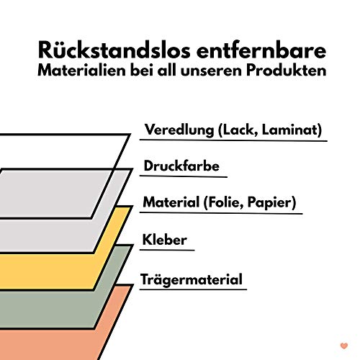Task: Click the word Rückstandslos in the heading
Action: (x=114, y=50)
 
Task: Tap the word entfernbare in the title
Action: (x=261, y=50)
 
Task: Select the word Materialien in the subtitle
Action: (x=81, y=71)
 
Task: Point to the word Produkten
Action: (x=287, y=71)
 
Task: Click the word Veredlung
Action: (x=179, y=130)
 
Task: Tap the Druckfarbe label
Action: (x=181, y=166)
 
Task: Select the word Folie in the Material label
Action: (x=224, y=202)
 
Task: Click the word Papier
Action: (x=269, y=203)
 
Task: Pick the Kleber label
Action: (x=165, y=240)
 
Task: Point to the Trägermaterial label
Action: (x=192, y=279)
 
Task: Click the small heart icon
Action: (x=344, y=346)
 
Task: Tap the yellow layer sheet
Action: (x=48, y=271)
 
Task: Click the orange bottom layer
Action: (x=48, y=346)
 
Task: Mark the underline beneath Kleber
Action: (x=167, y=250)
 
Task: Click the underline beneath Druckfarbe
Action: (x=184, y=176)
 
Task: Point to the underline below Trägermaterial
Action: (x=193, y=289)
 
